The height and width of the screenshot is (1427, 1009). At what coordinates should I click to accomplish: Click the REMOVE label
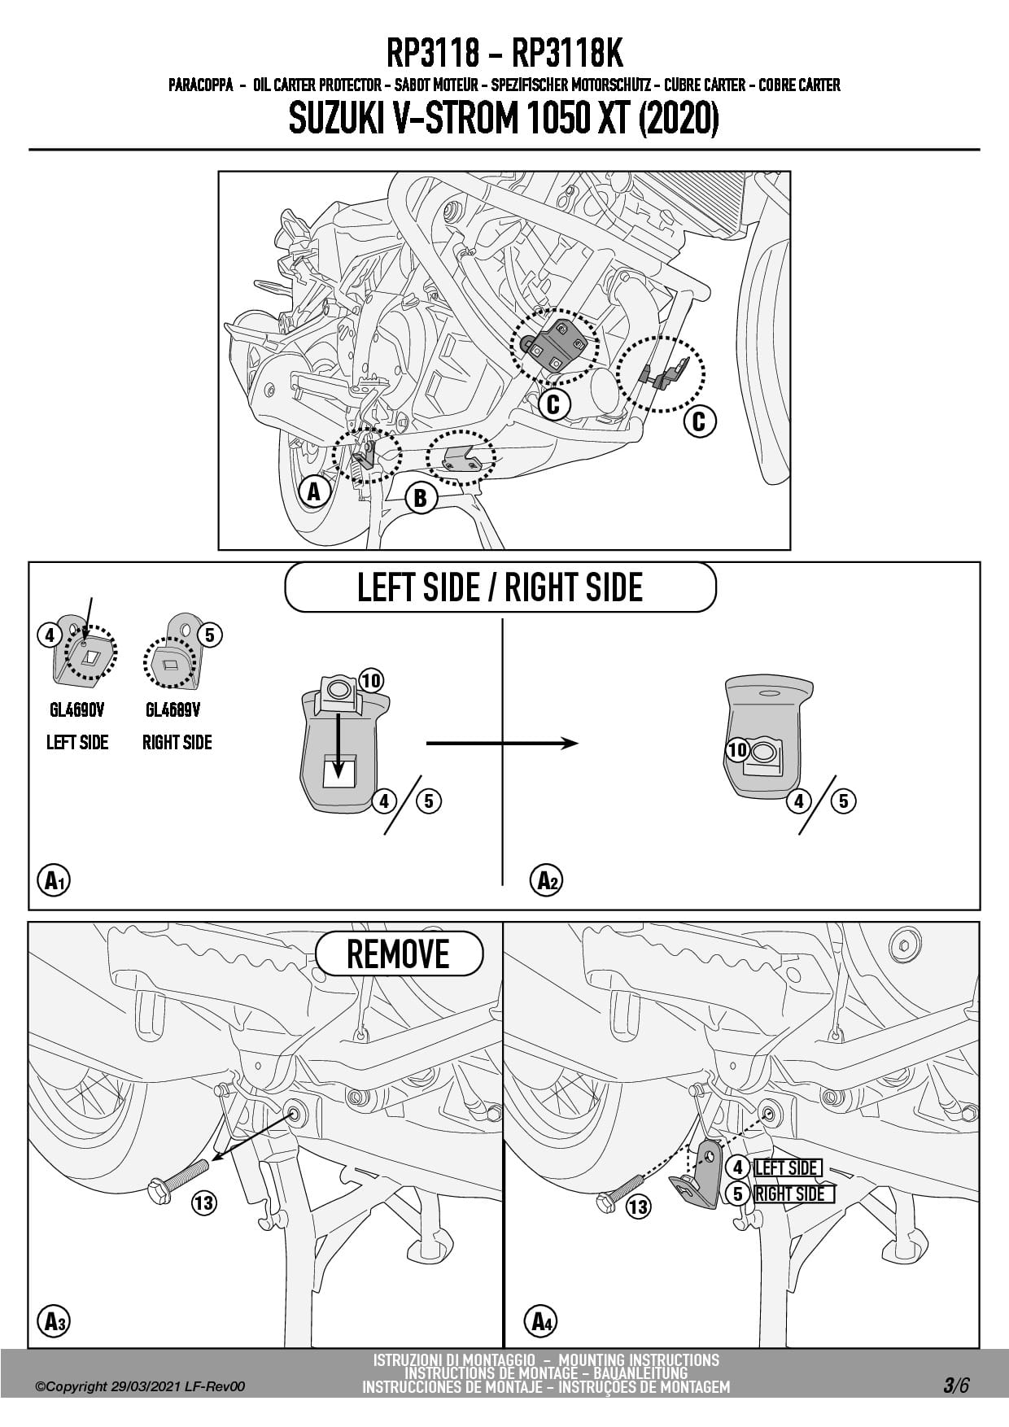pos(398,954)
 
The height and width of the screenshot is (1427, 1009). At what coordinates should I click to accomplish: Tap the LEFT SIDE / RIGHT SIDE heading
pos(500,587)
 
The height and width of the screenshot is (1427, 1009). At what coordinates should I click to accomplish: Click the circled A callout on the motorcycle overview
pos(314,491)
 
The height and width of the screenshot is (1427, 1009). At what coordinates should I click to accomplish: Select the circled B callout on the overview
pos(421,497)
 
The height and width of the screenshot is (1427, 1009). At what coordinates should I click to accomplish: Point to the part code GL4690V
pos(77,710)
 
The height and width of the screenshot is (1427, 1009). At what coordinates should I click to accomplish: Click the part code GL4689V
pos(173,710)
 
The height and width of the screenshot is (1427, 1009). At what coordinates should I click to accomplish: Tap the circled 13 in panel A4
pos(639,1207)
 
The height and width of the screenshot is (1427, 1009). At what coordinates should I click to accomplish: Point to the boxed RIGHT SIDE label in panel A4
pos(789,1194)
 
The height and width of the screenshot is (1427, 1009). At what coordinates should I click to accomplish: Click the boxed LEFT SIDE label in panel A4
pos(787,1168)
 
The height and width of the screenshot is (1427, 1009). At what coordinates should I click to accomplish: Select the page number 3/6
pos(956,1386)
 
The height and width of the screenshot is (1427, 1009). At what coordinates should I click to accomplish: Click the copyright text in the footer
pos(140,1387)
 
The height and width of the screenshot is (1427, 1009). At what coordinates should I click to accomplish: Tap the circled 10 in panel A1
pos(370,680)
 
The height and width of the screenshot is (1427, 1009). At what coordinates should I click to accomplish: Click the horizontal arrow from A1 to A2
pos(501,743)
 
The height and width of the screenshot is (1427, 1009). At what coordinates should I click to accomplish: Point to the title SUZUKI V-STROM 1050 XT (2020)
pos(504,120)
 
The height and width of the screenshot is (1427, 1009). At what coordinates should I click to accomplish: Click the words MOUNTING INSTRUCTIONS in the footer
pos(639,1359)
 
